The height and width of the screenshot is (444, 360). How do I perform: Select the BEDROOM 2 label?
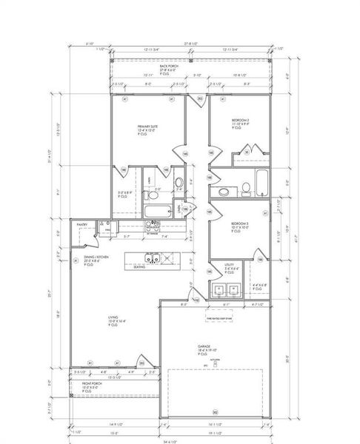point(239,120)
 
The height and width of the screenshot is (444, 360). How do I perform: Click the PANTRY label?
point(82,223)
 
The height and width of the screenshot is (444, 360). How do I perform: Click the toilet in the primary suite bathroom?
point(178,184)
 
